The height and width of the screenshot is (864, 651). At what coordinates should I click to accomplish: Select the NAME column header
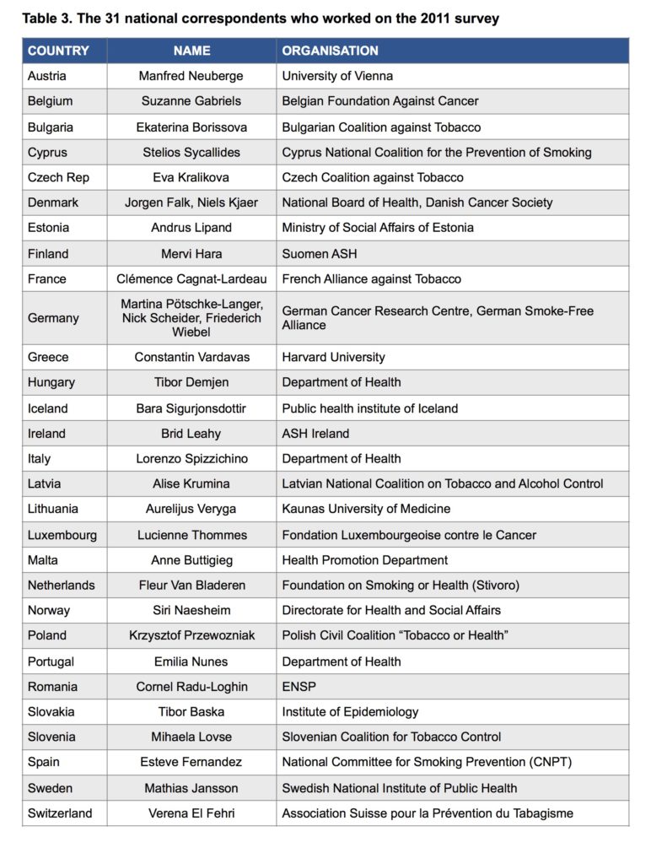coord(191,51)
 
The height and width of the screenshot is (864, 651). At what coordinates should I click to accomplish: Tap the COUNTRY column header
coord(58,51)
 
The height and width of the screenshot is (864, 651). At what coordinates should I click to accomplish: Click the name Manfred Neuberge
coord(191,76)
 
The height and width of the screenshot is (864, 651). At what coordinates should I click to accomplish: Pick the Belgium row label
coord(50,101)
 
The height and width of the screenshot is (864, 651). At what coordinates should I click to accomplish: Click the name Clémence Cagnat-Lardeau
coord(191,278)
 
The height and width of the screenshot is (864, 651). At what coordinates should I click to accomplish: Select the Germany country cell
coord(53,318)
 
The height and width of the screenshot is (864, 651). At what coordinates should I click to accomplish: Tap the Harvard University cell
coord(333,357)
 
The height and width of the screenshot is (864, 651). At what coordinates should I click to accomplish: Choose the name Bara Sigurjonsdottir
coord(191,408)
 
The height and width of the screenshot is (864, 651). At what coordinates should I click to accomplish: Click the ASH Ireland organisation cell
coord(315,434)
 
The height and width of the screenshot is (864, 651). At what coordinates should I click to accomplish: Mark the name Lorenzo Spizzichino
coord(191,459)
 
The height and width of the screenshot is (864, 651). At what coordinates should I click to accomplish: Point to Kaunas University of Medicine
coord(366,509)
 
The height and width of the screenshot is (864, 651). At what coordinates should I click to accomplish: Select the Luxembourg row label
coord(62,535)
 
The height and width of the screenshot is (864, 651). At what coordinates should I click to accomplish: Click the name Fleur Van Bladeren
coord(191,585)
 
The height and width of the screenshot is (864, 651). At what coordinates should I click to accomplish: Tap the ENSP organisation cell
coord(299,687)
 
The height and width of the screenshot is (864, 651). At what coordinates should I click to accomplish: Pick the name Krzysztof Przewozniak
coord(191,635)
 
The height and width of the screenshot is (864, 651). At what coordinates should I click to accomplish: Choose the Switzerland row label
coord(60,813)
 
